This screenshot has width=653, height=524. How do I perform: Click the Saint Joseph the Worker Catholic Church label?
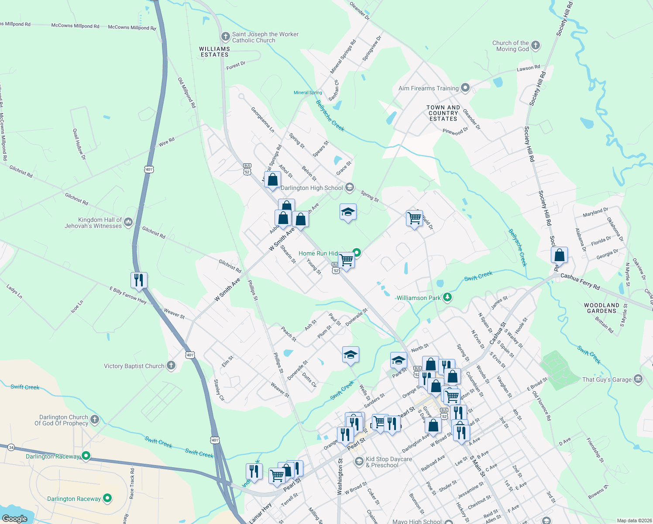(x=265, y=37)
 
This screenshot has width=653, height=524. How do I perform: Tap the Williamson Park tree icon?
(x=447, y=297)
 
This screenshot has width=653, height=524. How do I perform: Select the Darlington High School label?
(x=312, y=188)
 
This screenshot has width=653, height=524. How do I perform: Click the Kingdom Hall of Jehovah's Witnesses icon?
(x=128, y=222)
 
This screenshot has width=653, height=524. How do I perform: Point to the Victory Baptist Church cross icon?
(x=171, y=365)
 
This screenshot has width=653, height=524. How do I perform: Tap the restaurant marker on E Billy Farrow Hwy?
(x=139, y=280)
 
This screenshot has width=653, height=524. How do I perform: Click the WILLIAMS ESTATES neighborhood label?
(x=214, y=52)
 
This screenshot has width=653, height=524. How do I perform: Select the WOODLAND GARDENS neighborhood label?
(x=601, y=308)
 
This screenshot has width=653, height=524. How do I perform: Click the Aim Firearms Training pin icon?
(x=465, y=88)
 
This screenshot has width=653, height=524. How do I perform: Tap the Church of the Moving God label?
(x=511, y=46)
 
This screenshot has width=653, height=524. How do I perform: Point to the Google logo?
(x=15, y=519)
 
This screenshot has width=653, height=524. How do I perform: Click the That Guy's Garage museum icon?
(x=638, y=379)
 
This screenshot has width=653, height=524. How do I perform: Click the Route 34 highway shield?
(x=11, y=447)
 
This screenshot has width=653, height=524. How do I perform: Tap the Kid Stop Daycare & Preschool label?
(x=388, y=462)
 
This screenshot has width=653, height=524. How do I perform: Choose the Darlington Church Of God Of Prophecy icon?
(x=95, y=420)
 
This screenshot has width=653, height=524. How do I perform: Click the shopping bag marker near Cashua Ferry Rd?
(x=559, y=255)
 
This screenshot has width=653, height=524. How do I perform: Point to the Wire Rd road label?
(x=166, y=141)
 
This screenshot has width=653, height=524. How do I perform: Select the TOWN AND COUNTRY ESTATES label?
(x=443, y=113)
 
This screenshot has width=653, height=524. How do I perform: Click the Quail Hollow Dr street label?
(x=79, y=144)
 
